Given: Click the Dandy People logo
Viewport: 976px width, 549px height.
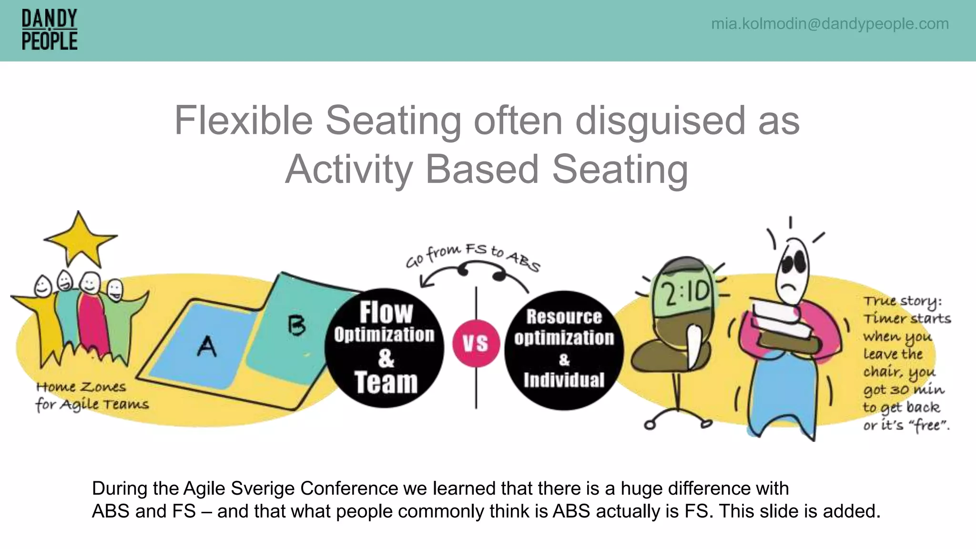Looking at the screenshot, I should pyautogui.click(x=50, y=30).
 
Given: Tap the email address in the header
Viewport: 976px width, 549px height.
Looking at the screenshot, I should pyautogui.click(x=830, y=23).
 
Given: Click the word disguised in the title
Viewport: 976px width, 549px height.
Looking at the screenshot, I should pyautogui.click(x=660, y=121).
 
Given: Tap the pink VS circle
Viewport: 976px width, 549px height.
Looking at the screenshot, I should pyautogui.click(x=475, y=343).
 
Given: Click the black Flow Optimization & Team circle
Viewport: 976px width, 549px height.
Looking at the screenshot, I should pyautogui.click(x=385, y=348).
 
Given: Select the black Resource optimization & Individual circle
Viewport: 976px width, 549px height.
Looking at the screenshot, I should pyautogui.click(x=564, y=350).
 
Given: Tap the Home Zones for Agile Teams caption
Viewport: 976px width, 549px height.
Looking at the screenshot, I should pyautogui.click(x=91, y=396).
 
